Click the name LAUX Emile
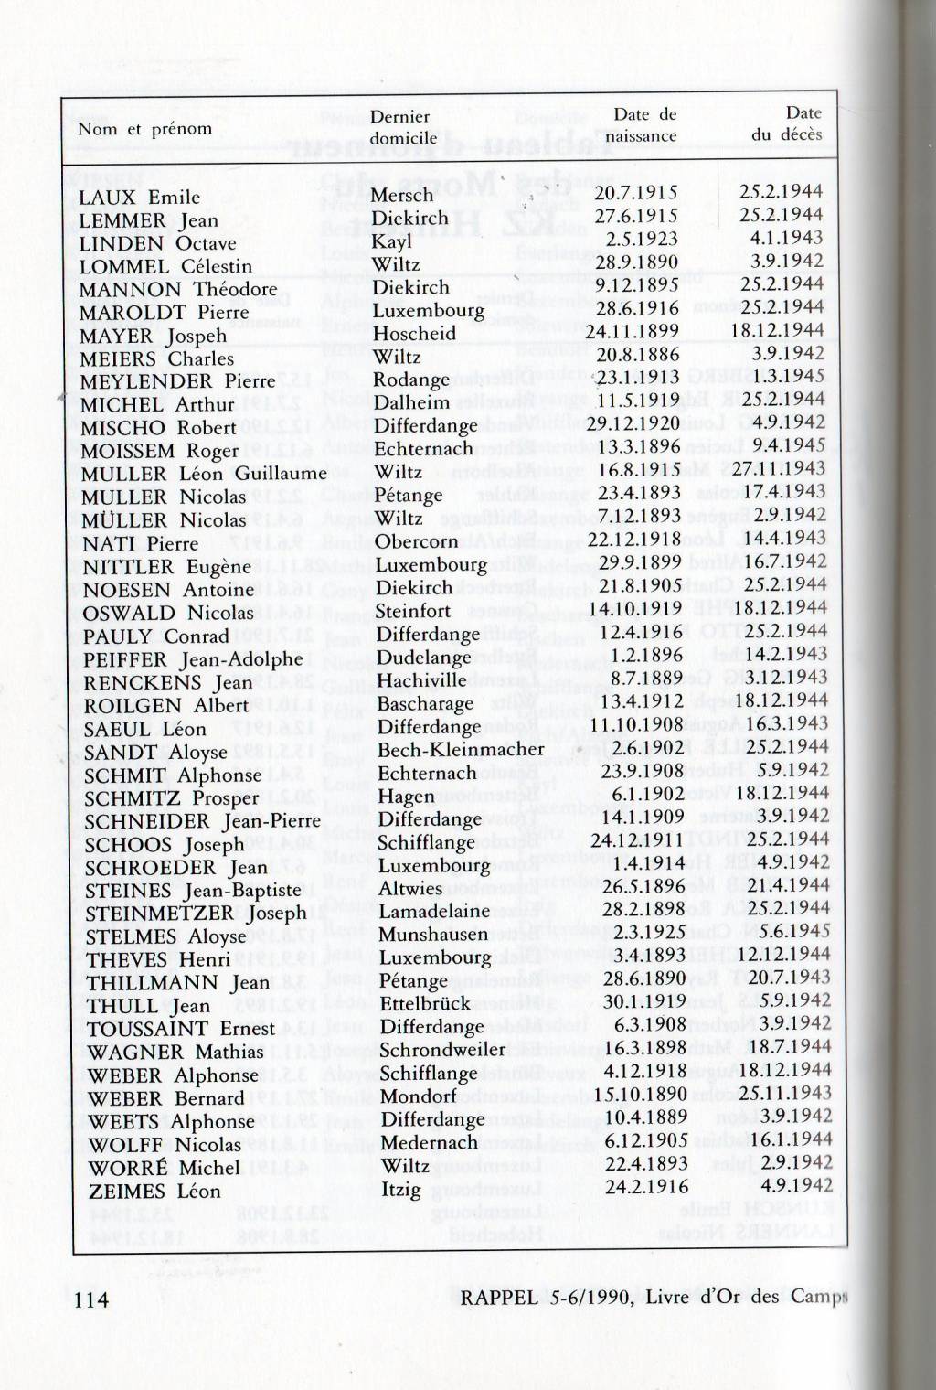pos(139,198)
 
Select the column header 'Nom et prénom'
pos(144,129)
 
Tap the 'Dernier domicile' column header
pos(399,127)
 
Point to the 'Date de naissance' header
pos(644,125)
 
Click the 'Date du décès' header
pos(787,123)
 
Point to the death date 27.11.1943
pos(779,469)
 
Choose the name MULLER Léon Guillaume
pos(203,474)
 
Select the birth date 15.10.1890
pos(640,1094)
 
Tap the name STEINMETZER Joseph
pos(197,913)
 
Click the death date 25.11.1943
pos(785,1093)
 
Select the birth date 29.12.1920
pos(633,424)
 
